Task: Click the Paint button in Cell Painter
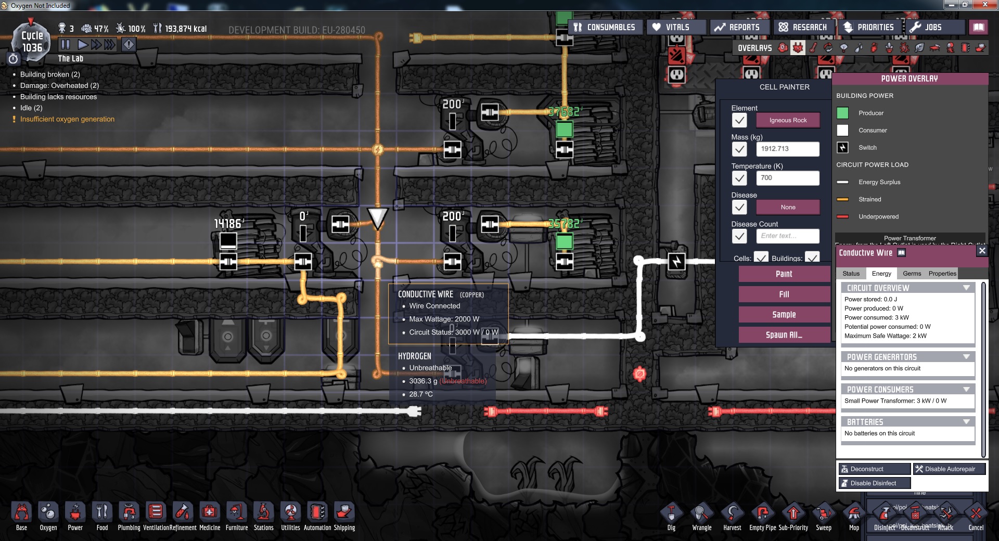coord(784,274)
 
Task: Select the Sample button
coord(784,315)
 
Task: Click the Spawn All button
coord(784,335)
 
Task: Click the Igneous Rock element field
coord(788,120)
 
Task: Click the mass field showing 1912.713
coord(787,149)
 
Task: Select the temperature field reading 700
coord(787,178)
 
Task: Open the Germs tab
coord(912,274)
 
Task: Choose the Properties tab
coord(942,274)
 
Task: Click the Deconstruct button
coord(874,469)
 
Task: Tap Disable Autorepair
coord(949,469)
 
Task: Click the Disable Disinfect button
coord(874,483)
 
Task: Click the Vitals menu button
coord(676,27)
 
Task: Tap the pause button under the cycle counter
coord(65,45)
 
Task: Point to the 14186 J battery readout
coord(228,224)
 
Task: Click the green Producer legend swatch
coord(842,113)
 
